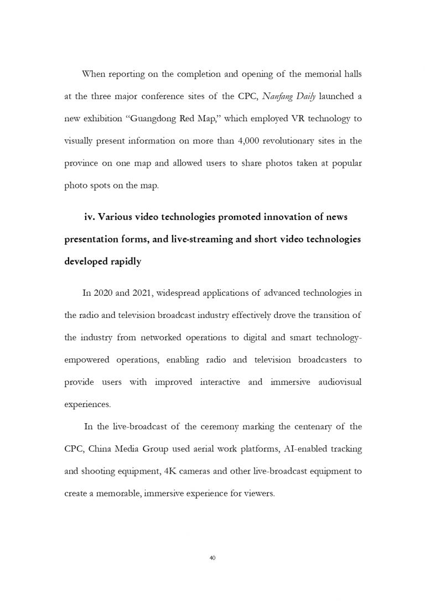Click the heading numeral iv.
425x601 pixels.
[90, 217]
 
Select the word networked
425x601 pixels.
[159, 337]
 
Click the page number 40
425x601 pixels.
[212, 557]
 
